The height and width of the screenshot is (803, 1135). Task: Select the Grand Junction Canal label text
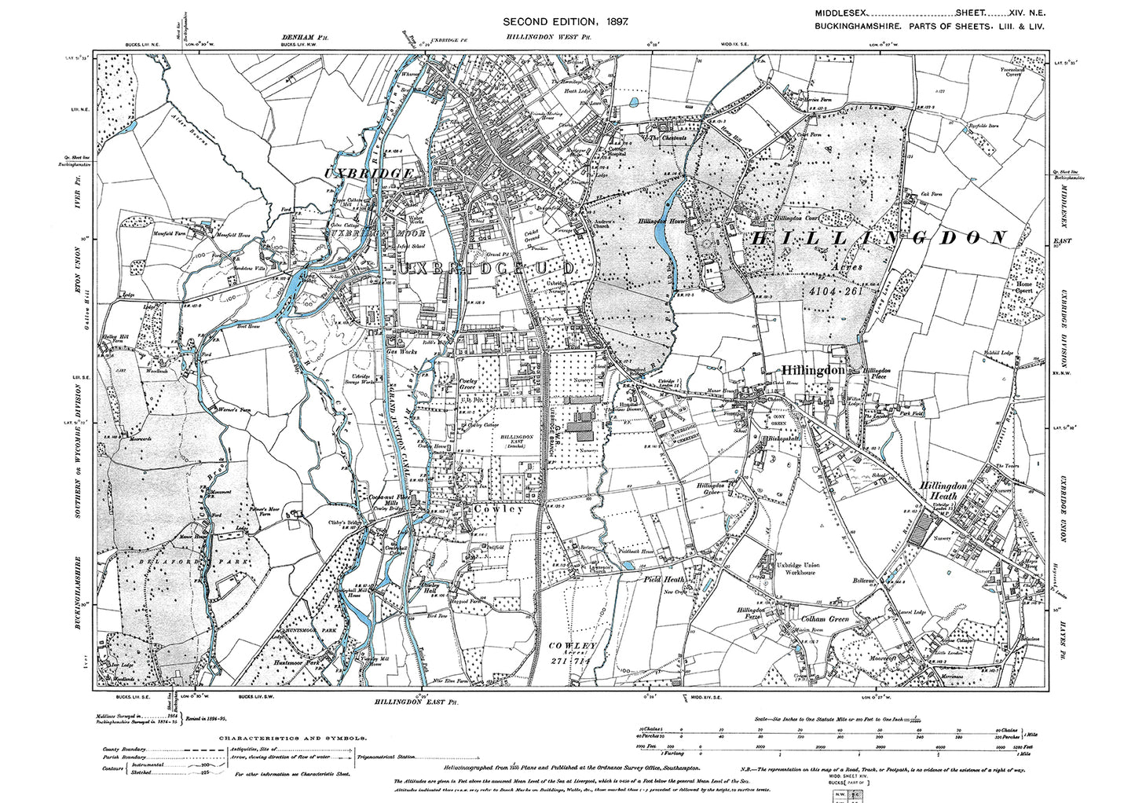point(393,440)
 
